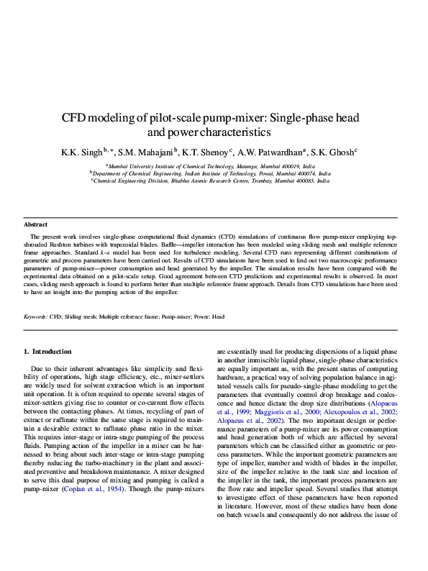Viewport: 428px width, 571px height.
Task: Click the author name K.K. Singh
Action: coord(82,152)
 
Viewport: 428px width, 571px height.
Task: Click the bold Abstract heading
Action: coord(35,225)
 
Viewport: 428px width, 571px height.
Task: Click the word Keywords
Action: coord(35,316)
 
